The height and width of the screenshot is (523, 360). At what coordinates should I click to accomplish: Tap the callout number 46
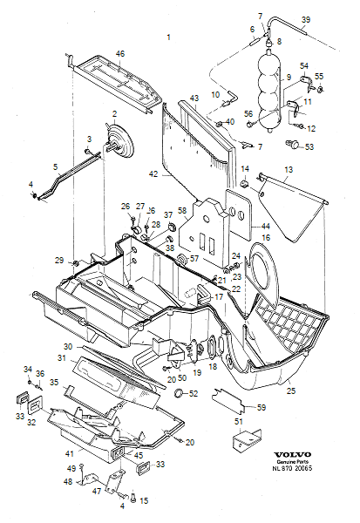click(x=120, y=54)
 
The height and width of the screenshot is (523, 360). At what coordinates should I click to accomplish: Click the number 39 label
click(x=305, y=19)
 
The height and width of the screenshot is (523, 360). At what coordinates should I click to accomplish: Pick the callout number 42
click(x=153, y=174)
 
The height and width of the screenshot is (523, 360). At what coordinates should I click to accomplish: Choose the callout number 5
click(x=55, y=166)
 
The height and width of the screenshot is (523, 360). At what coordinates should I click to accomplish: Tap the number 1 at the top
click(x=168, y=37)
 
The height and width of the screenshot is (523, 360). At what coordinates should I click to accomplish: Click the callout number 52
click(x=194, y=394)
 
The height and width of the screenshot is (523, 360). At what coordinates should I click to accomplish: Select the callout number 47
click(x=97, y=491)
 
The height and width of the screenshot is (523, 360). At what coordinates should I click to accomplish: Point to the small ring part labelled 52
click(x=179, y=394)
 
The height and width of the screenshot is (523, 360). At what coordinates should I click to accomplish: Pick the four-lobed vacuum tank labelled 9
click(x=268, y=86)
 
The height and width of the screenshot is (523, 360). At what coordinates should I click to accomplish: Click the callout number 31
click(x=62, y=358)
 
